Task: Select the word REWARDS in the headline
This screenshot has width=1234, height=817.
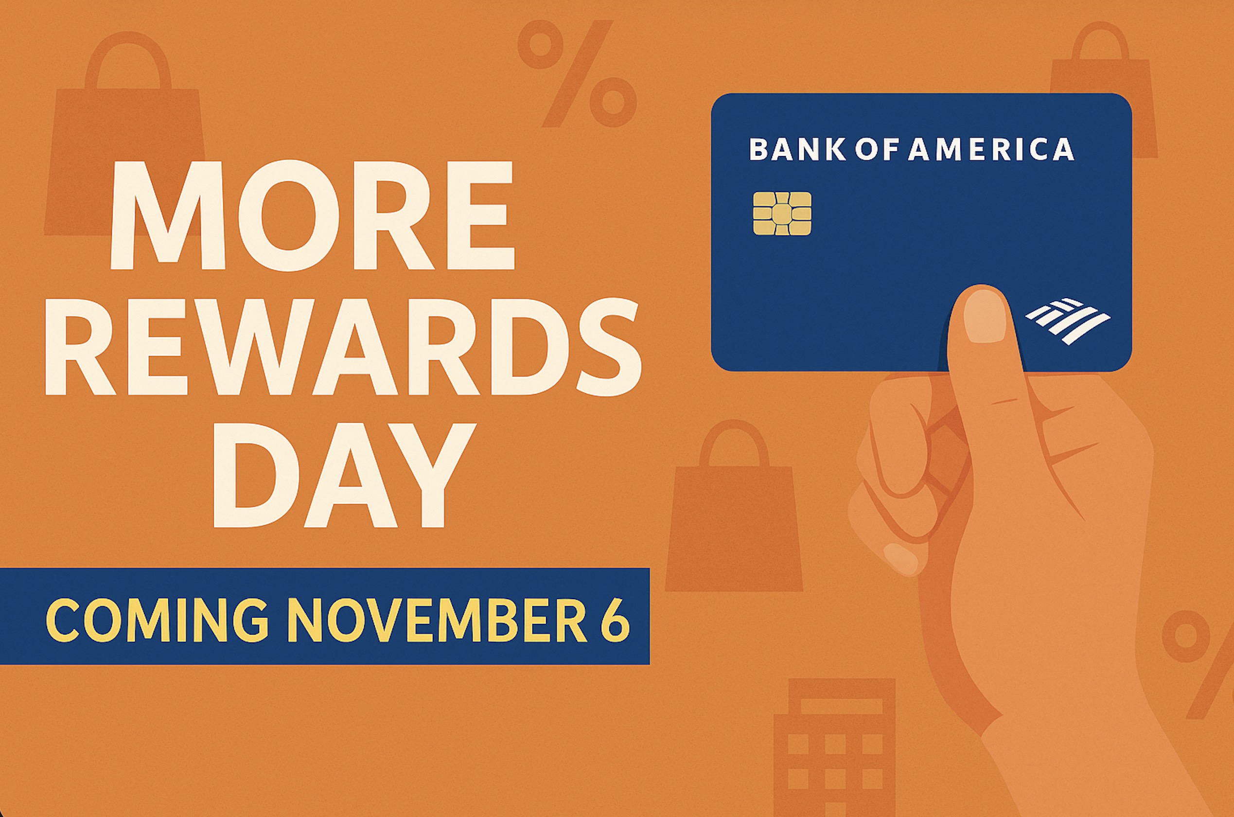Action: click(342, 346)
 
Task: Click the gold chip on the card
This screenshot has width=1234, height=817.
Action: click(782, 213)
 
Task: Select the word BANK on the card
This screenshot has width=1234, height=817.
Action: click(797, 150)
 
